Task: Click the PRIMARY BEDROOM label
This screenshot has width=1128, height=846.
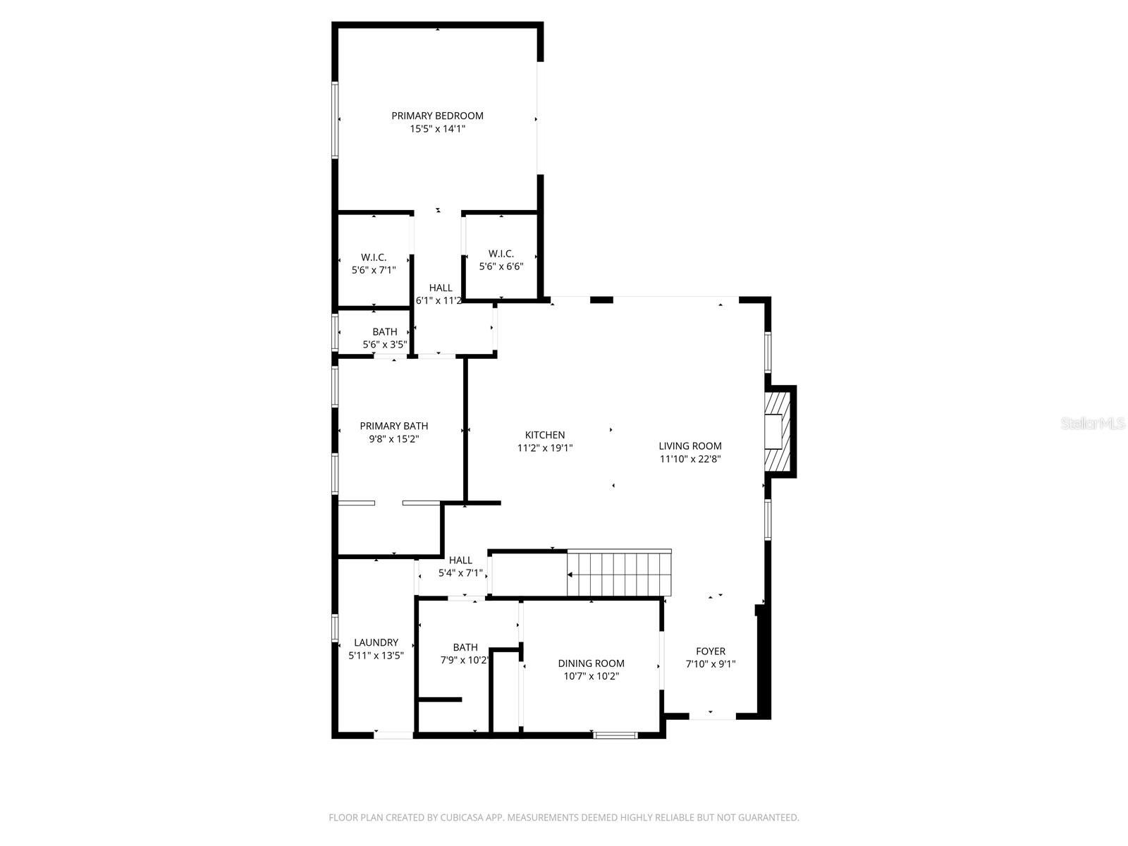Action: coord(437,116)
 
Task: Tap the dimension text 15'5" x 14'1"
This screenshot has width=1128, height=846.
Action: coord(437,129)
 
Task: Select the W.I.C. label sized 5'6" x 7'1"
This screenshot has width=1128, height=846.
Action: coord(374,257)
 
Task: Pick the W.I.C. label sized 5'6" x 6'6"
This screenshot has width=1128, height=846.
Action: coord(501,254)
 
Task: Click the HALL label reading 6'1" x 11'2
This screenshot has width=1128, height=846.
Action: coord(441,288)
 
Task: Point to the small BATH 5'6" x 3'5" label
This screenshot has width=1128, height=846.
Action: coord(385,331)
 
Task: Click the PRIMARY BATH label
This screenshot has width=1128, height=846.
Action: coord(393,426)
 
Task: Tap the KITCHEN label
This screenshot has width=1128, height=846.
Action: coord(544,435)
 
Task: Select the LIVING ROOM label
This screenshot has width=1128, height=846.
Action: coord(689,446)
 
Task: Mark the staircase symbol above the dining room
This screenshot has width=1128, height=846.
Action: coord(619,574)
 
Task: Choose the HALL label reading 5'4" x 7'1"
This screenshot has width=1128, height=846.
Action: coord(460,560)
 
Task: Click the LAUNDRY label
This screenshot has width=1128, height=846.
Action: coord(376,642)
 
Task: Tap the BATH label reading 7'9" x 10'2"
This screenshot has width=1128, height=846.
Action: coord(465,647)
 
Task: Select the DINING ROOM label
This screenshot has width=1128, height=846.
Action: coord(591,663)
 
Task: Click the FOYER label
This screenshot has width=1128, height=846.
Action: coord(710,651)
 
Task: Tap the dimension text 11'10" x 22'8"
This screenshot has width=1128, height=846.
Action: coord(689,459)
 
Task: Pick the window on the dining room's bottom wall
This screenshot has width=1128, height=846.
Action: coord(615,735)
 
